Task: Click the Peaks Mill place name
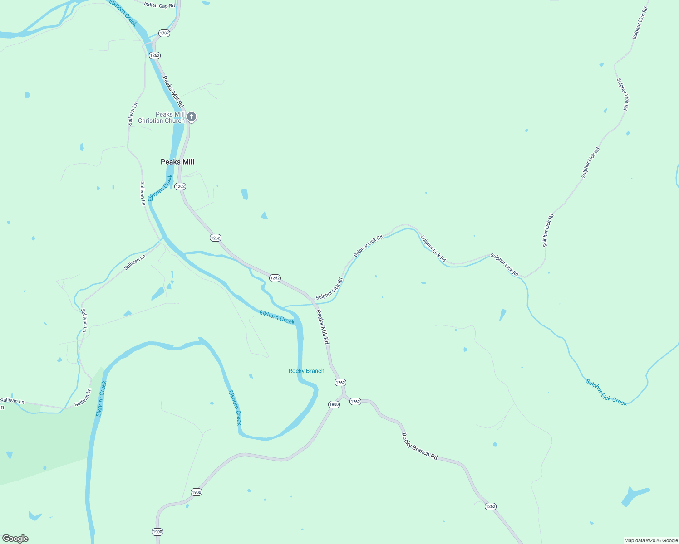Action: click(x=177, y=162)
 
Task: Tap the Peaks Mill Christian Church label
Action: click(x=162, y=117)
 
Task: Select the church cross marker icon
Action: click(x=192, y=117)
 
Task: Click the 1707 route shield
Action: click(x=164, y=33)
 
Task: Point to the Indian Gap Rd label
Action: click(x=159, y=5)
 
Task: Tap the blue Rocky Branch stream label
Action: click(x=306, y=371)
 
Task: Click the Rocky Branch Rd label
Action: click(x=419, y=446)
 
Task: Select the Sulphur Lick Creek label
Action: click(x=606, y=392)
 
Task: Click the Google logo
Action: click(x=15, y=539)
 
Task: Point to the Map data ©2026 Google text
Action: click(x=651, y=540)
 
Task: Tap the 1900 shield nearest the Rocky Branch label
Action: click(x=334, y=404)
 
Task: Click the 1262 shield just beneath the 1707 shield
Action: click(x=155, y=55)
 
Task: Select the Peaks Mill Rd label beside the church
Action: click(x=173, y=91)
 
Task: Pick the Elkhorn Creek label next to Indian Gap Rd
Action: click(x=123, y=13)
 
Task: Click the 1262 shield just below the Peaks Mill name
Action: click(x=180, y=186)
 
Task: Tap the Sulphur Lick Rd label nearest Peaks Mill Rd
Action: click(x=330, y=289)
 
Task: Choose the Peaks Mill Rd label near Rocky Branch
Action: click(x=322, y=326)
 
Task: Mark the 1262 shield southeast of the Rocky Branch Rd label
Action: click(x=490, y=506)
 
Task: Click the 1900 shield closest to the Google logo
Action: click(x=157, y=532)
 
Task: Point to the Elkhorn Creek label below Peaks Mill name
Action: click(x=161, y=188)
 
